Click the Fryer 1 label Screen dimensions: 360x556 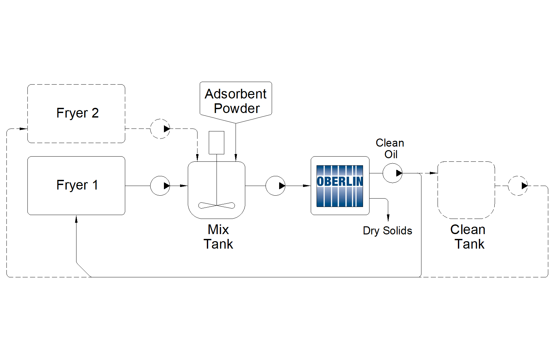[77, 185]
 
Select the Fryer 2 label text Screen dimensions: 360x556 [77, 113]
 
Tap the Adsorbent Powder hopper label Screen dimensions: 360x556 [236, 101]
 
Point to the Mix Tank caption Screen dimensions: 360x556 [218, 237]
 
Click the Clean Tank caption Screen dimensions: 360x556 [468, 237]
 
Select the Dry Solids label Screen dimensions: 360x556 [387, 231]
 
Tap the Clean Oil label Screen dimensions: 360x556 [390, 149]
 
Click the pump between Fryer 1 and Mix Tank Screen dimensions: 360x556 [160, 186]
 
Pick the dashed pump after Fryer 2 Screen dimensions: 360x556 [160, 129]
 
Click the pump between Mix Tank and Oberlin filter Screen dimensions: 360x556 [275, 186]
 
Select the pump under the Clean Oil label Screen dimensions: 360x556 [392, 173]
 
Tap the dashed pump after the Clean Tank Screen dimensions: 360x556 [518, 186]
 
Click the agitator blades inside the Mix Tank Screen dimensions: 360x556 [217, 205]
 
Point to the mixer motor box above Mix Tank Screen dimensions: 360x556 [217, 142]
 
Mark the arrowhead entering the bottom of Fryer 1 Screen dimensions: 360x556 [76, 220]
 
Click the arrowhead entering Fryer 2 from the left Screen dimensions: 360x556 [23, 129]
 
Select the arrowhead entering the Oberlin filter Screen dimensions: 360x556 [307, 186]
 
